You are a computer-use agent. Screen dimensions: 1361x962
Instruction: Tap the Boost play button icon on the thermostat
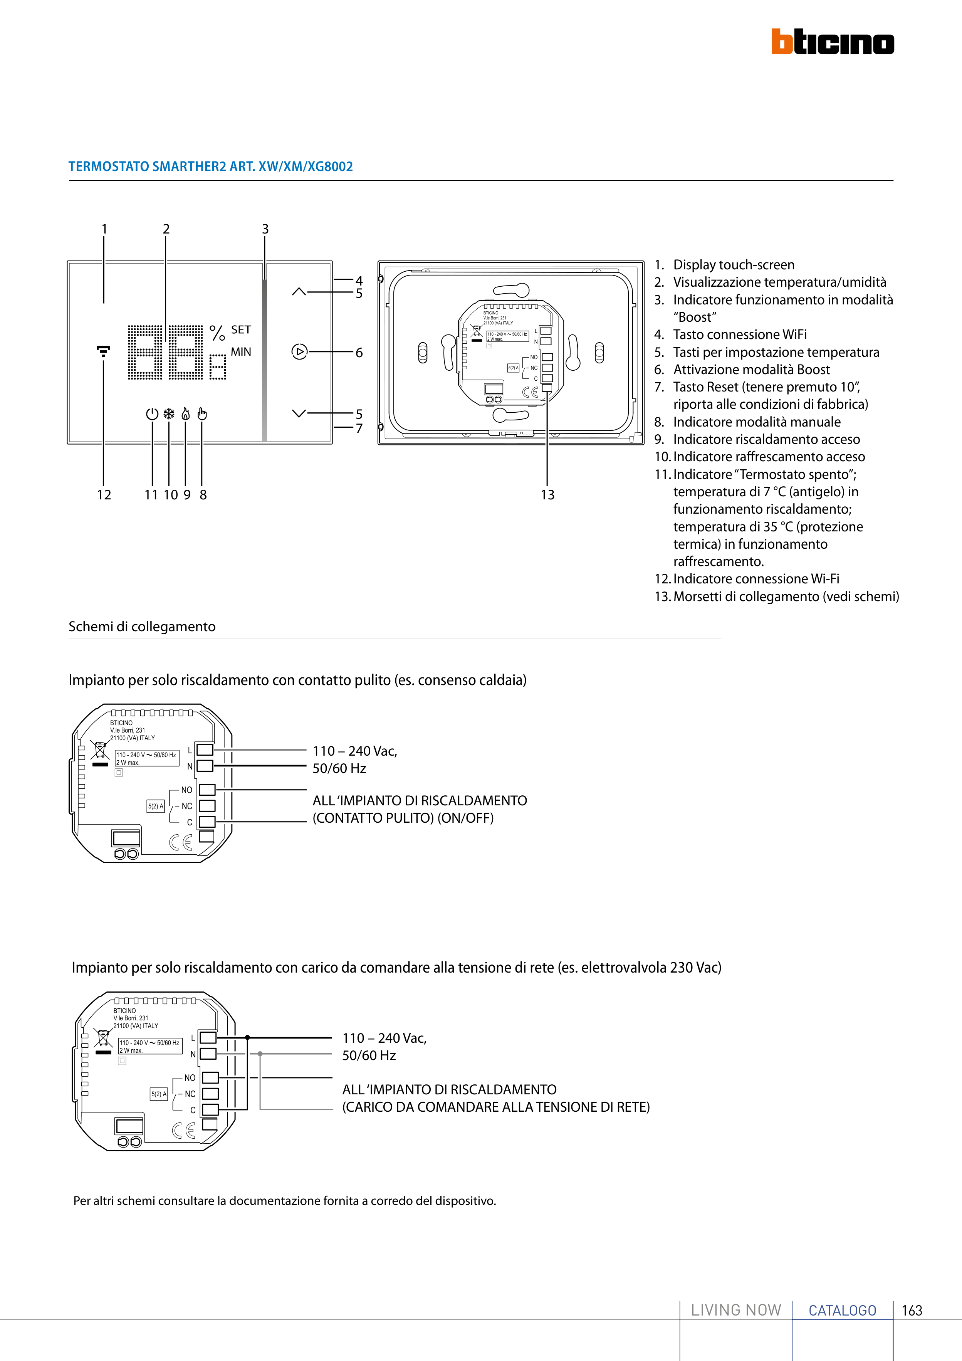point(299,351)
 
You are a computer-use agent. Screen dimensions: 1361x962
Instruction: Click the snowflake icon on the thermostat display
point(169,413)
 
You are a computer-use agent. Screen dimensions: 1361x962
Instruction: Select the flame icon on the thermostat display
point(186,413)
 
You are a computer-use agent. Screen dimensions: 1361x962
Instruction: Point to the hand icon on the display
point(202,413)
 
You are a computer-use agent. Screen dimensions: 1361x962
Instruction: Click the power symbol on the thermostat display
point(152,413)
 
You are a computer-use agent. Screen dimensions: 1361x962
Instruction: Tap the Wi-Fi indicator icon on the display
point(103,351)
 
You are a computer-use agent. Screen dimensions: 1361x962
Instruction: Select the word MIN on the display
point(241,351)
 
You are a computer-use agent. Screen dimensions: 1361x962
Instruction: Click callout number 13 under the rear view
point(547,494)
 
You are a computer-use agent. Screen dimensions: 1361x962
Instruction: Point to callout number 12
point(104,494)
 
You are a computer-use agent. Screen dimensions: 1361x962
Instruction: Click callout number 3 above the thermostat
point(265,229)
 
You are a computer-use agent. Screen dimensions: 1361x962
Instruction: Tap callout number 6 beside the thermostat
point(359,353)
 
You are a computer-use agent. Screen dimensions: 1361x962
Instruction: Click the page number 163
point(912,1310)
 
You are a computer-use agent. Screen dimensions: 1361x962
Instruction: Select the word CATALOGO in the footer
point(842,1310)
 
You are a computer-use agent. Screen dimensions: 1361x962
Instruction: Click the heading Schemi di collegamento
point(142,627)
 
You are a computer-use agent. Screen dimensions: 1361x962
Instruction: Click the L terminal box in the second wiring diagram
point(208,1037)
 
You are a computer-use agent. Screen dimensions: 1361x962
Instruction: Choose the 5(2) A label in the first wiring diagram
point(155,806)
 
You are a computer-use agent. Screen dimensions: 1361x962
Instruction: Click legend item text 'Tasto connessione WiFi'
point(740,334)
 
